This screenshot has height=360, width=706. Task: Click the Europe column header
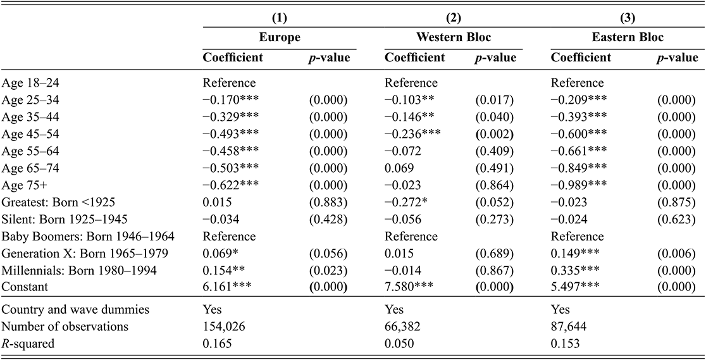[280, 38]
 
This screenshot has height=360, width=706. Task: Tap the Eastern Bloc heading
[627, 38]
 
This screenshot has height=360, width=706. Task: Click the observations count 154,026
[223, 326]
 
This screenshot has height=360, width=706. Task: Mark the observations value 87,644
[570, 326]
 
